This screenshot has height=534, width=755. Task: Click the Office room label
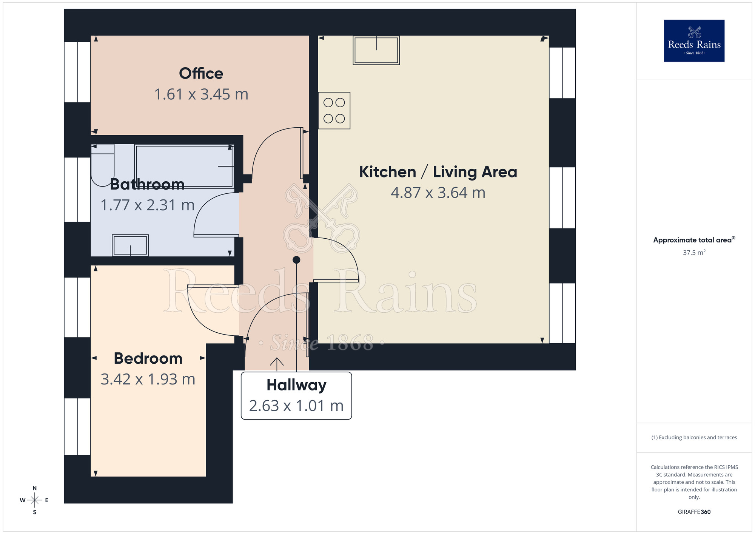pos(201,74)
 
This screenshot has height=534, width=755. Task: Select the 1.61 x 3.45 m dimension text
pos(201,94)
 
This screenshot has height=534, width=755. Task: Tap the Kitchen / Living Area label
pos(438,172)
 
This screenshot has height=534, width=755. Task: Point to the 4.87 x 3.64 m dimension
pos(438,193)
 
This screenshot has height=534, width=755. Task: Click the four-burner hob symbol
pos(334,111)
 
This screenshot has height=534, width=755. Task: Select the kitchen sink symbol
pos(376,50)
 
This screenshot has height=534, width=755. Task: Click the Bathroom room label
pos(147,184)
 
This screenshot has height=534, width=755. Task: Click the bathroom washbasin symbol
pos(130,245)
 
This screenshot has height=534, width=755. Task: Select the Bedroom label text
pos(148,358)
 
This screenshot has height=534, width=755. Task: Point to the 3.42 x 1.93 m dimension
pos(148,380)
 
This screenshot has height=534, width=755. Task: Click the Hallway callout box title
pos(296,385)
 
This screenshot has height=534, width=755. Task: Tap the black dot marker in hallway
pos(296,260)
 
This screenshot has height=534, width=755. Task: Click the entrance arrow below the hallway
pos(277,363)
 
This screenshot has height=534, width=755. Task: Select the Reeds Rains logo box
pos(694,41)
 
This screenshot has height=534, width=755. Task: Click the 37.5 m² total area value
pos(694,252)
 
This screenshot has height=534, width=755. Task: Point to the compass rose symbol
pos(35,500)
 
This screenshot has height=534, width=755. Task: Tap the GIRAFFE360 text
pos(694,512)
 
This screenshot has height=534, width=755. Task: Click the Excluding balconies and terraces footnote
pos(694,437)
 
